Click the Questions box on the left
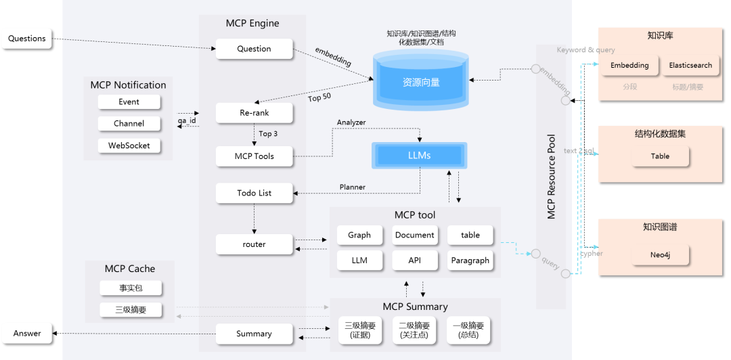27,39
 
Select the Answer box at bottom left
27,333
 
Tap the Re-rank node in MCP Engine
254,113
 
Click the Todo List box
254,193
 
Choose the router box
254,244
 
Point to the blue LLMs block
419,156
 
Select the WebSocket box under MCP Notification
129,145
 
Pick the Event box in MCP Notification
129,102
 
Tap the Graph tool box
359,235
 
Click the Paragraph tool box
470,261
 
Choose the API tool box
415,261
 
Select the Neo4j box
660,256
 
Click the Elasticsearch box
690,66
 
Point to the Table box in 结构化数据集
660,156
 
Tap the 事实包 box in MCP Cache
131,288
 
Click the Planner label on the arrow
352,187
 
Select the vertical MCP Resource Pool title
551,176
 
